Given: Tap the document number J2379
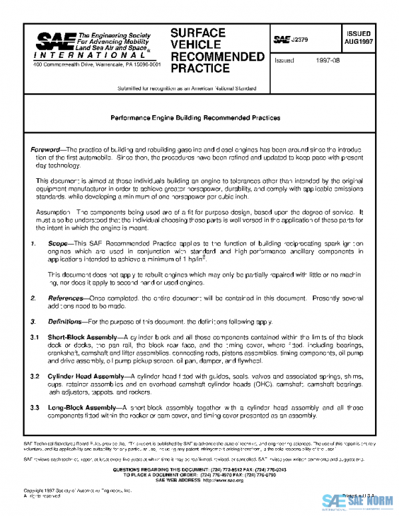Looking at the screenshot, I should (301, 40).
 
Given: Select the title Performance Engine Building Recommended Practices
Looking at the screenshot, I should (196, 117).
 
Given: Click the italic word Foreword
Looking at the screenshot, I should (45, 150).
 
